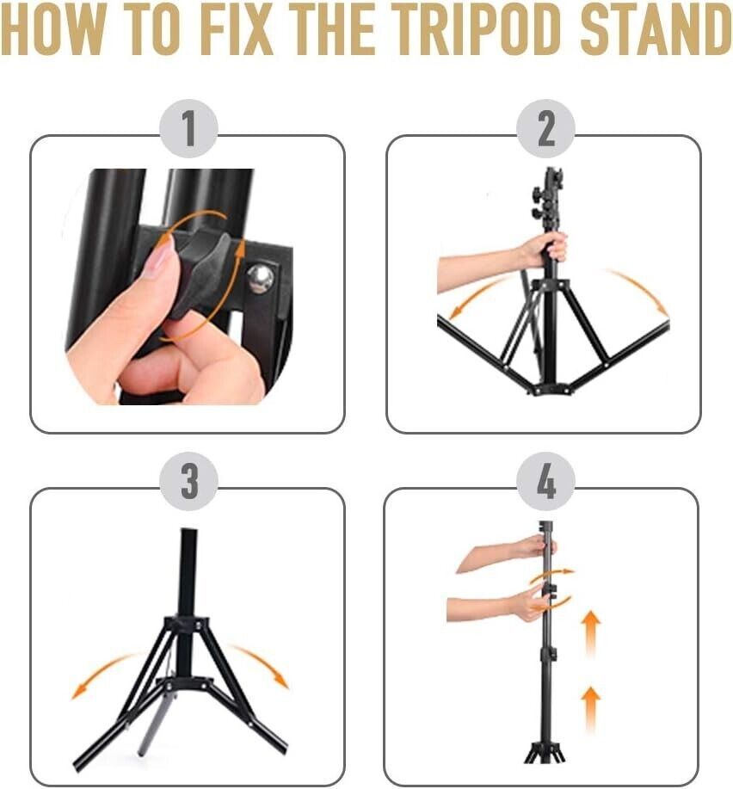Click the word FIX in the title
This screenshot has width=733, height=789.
pos(237,30)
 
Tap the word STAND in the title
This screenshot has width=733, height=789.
pos(656,30)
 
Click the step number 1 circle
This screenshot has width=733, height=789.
pos(188,129)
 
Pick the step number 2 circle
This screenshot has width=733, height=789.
pos(545,129)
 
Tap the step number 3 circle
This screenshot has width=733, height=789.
pos(188,482)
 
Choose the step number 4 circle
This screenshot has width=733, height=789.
pos(545,482)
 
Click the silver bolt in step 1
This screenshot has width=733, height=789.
pos(261,279)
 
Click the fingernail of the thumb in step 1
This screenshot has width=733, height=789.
pos(160,257)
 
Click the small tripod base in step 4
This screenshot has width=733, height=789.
pos(545,751)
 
